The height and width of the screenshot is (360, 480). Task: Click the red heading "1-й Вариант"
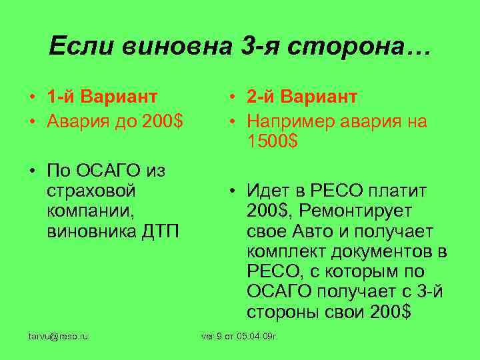pyautogui.click(x=102, y=97)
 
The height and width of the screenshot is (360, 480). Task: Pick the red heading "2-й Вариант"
pyautogui.click(x=301, y=97)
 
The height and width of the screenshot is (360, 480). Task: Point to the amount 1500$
pyautogui.click(x=272, y=141)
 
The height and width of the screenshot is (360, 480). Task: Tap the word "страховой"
pyautogui.click(x=92, y=191)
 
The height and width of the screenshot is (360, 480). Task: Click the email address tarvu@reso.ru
pyautogui.click(x=58, y=337)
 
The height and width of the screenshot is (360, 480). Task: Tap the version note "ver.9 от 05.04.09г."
pyautogui.click(x=239, y=337)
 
